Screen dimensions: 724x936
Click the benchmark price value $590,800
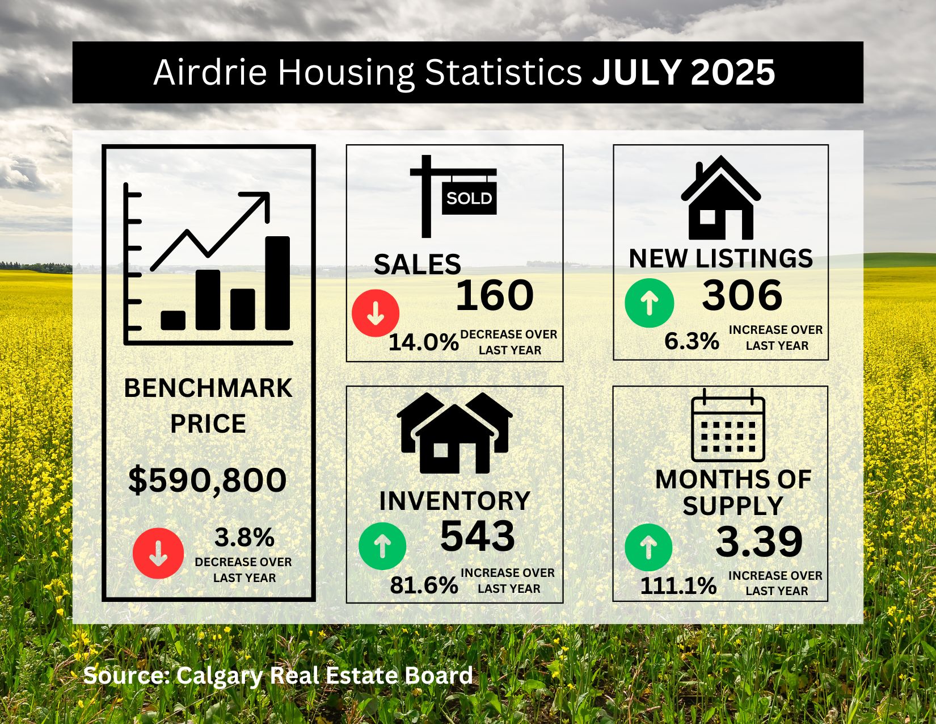[x=207, y=480]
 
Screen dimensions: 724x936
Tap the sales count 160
[x=494, y=295]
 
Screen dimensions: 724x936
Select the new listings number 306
[x=742, y=295]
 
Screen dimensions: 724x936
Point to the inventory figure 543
[x=477, y=535]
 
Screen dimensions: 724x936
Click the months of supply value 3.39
[x=759, y=542]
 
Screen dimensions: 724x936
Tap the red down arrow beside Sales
[x=376, y=313]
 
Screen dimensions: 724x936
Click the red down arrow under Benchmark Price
[x=158, y=553]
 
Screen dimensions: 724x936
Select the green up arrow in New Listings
[x=650, y=303]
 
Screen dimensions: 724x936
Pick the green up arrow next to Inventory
[x=382, y=546]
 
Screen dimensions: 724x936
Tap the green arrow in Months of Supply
[x=648, y=547]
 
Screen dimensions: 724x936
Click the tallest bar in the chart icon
[x=277, y=283]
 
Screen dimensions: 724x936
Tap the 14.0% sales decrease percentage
[x=423, y=342]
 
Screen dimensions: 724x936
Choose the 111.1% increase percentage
[x=678, y=585]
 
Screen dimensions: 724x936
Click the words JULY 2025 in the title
[x=684, y=72]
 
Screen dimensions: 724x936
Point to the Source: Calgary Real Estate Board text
[x=278, y=676]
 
